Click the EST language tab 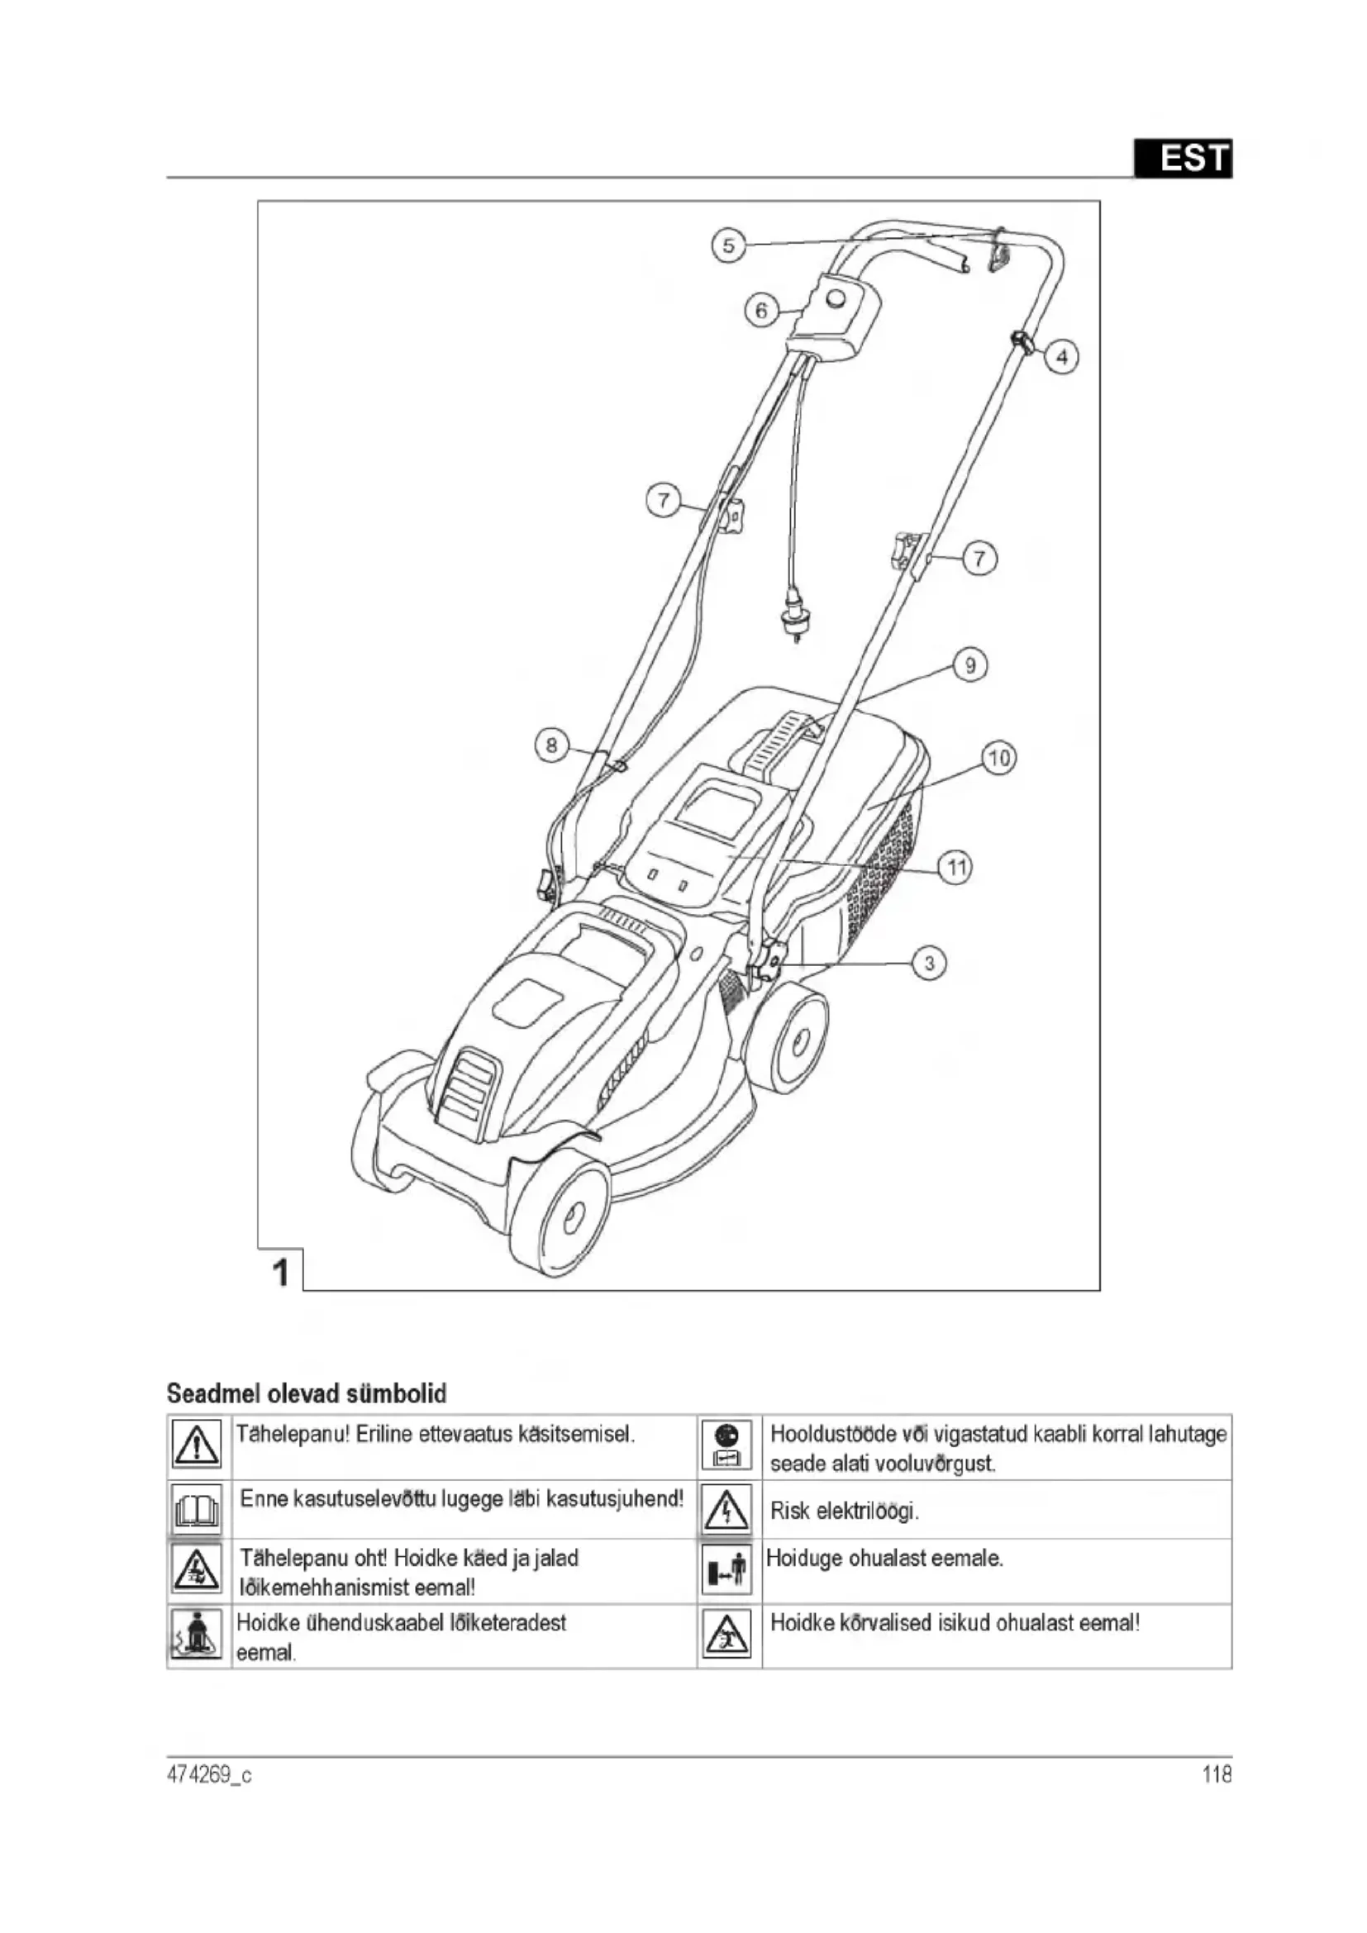click(x=1183, y=159)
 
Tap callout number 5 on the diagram click(x=728, y=245)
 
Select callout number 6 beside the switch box click(x=761, y=312)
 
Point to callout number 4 click(x=1061, y=357)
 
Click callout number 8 click(x=551, y=745)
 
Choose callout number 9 click(x=969, y=666)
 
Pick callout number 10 click(x=998, y=759)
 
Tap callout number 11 click(x=955, y=867)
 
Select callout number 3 click(x=929, y=963)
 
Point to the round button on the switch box click(x=837, y=298)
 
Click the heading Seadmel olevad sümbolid click(x=307, y=1393)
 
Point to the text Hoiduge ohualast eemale click(x=884, y=1559)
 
